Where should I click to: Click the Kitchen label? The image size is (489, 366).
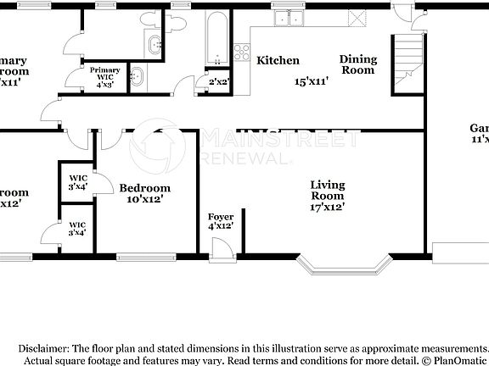278,60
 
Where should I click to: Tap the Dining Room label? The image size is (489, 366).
357,64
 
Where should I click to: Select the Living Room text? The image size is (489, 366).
327,190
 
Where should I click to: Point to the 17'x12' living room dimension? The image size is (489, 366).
327,208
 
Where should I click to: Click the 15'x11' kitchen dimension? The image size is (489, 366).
312,81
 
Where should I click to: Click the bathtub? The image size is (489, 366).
218,38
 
